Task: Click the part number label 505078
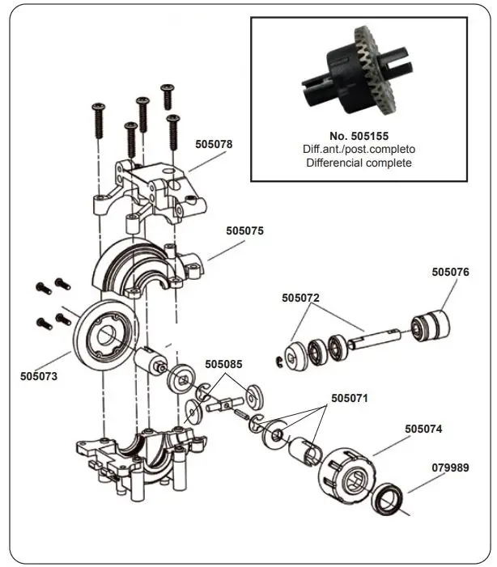pos(214,145)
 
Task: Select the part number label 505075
pos(244,231)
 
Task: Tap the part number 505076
pos(450,273)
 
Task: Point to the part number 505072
pos(301,298)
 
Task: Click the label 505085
pos(224,365)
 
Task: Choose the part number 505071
pos(350,399)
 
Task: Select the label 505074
pos(424,429)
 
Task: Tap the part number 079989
pos(450,468)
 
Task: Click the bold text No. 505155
pos(359,137)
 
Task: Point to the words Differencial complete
pos(359,163)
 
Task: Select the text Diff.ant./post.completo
pos(359,150)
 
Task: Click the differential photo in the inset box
pos(355,72)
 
